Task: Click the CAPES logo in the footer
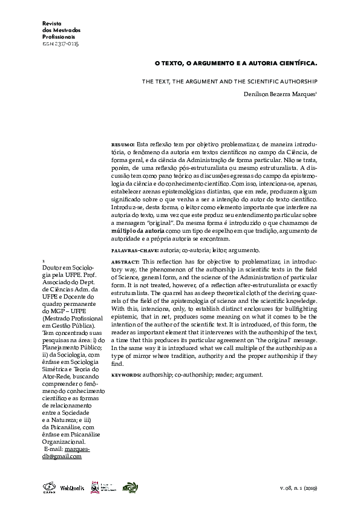[x=48, y=487]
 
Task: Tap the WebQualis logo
[x=71, y=487]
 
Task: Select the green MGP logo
[x=129, y=487]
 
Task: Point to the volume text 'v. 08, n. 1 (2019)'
[x=298, y=488]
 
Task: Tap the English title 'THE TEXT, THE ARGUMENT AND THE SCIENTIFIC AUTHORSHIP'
[x=230, y=80]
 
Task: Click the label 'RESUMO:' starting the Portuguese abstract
[x=124, y=146]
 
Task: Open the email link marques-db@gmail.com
[x=67, y=453]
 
